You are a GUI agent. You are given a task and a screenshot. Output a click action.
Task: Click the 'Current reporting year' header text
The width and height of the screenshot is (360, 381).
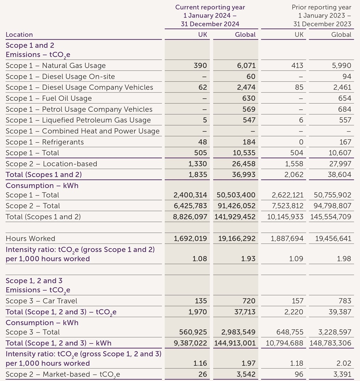(210, 7)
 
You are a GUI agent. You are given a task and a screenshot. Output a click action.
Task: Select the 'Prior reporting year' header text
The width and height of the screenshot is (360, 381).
(321, 7)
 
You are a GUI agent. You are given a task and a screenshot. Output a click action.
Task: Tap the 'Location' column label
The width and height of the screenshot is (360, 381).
(19, 35)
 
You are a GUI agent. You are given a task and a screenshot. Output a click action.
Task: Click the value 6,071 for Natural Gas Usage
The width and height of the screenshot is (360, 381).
(246, 66)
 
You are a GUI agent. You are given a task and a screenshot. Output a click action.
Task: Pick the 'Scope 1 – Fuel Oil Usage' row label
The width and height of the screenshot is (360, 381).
(49, 99)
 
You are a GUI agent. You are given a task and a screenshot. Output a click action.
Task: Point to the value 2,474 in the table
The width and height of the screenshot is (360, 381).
(246, 88)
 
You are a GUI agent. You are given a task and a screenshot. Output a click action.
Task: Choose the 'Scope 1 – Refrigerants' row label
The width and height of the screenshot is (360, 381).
(44, 142)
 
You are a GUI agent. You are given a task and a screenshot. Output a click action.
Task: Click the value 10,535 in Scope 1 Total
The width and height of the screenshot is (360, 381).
(244, 153)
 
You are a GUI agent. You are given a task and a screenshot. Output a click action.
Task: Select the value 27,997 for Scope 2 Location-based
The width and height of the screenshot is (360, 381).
(340, 164)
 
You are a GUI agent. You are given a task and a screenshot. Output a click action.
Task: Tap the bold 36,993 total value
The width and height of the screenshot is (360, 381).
(244, 175)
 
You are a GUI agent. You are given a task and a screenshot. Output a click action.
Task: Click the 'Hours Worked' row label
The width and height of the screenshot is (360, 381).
(30, 239)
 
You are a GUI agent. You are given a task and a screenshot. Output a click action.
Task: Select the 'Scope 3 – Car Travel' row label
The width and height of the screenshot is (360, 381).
(41, 301)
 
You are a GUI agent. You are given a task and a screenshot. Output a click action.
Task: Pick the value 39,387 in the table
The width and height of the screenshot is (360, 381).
(340, 312)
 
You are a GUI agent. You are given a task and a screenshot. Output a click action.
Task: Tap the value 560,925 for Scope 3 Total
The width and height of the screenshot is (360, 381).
(193, 332)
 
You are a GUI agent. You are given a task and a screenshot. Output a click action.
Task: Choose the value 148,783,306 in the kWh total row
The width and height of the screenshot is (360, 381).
(330, 343)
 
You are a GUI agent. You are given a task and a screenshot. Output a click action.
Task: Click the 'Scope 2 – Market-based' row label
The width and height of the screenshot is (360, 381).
(63, 374)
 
